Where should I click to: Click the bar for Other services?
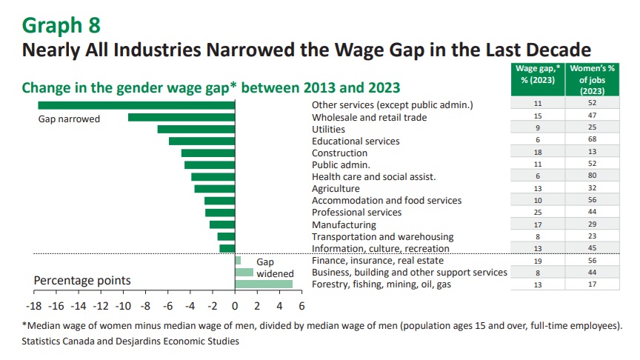click(136, 105)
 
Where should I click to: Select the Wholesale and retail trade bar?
click(181, 117)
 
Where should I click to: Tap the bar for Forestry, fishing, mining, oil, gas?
click(264, 284)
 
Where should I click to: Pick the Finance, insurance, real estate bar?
click(238, 261)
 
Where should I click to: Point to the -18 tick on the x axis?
click(33, 305)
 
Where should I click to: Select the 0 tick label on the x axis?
click(235, 305)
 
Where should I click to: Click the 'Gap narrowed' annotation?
click(69, 119)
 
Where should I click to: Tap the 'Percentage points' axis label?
click(83, 281)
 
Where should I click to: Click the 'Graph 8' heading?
click(61, 24)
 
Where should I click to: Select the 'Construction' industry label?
click(340, 153)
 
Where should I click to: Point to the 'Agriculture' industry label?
click(336, 189)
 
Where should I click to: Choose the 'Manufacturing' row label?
click(344, 224)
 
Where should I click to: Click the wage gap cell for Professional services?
click(538, 213)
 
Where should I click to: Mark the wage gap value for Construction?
click(538, 153)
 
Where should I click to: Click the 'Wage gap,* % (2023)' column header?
click(538, 74)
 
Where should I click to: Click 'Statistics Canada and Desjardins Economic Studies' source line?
click(130, 341)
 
